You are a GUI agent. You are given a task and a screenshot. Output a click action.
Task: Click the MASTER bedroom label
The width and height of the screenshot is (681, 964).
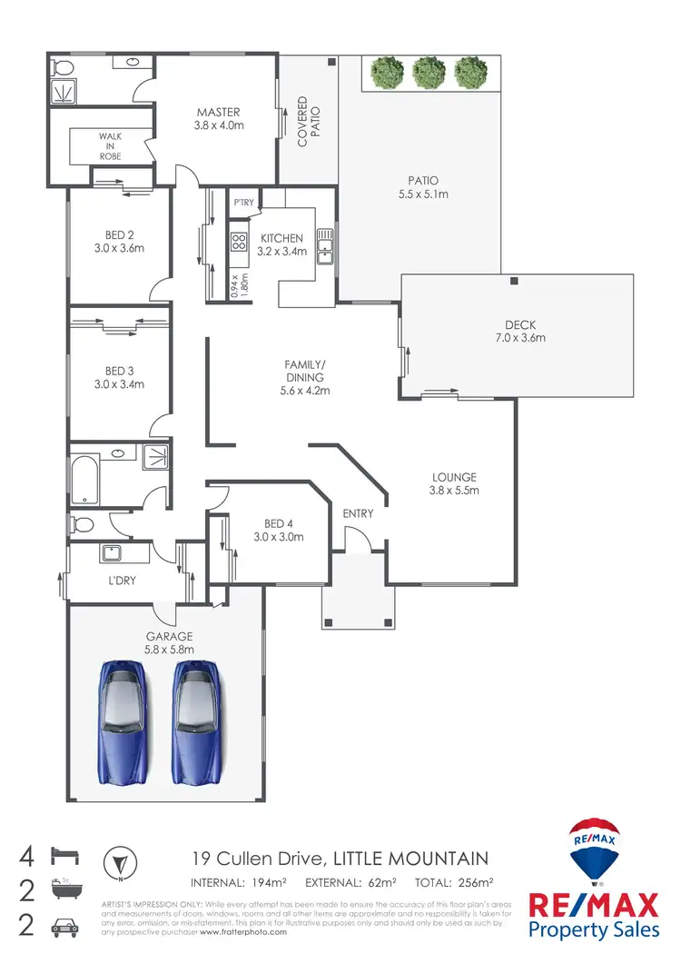tap(218, 113)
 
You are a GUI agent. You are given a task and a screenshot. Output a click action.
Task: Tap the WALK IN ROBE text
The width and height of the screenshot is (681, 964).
tap(111, 146)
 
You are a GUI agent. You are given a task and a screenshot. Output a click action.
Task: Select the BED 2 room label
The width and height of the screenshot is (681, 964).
tap(119, 234)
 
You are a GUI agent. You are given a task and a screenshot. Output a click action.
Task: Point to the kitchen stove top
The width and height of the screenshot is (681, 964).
tap(239, 242)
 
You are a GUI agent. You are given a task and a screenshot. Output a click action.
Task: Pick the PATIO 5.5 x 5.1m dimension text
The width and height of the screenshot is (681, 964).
tap(423, 194)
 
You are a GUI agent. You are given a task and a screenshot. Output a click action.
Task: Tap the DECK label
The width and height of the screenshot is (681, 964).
tap(520, 325)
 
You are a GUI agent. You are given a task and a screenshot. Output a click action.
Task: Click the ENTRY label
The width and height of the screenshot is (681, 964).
tap(358, 513)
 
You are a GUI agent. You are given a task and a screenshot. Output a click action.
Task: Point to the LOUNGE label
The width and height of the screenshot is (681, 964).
tap(454, 477)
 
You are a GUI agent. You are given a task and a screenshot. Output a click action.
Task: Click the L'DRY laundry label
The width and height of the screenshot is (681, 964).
tap(122, 580)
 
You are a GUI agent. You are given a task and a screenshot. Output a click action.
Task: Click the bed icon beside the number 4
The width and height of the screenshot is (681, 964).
tap(66, 856)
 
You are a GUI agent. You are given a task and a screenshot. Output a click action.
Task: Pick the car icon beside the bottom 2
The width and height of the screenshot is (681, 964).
tap(66, 926)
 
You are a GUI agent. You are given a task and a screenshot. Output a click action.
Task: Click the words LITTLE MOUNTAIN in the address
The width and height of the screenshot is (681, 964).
tap(411, 858)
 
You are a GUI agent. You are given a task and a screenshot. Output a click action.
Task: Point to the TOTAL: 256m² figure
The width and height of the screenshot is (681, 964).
tap(454, 882)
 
